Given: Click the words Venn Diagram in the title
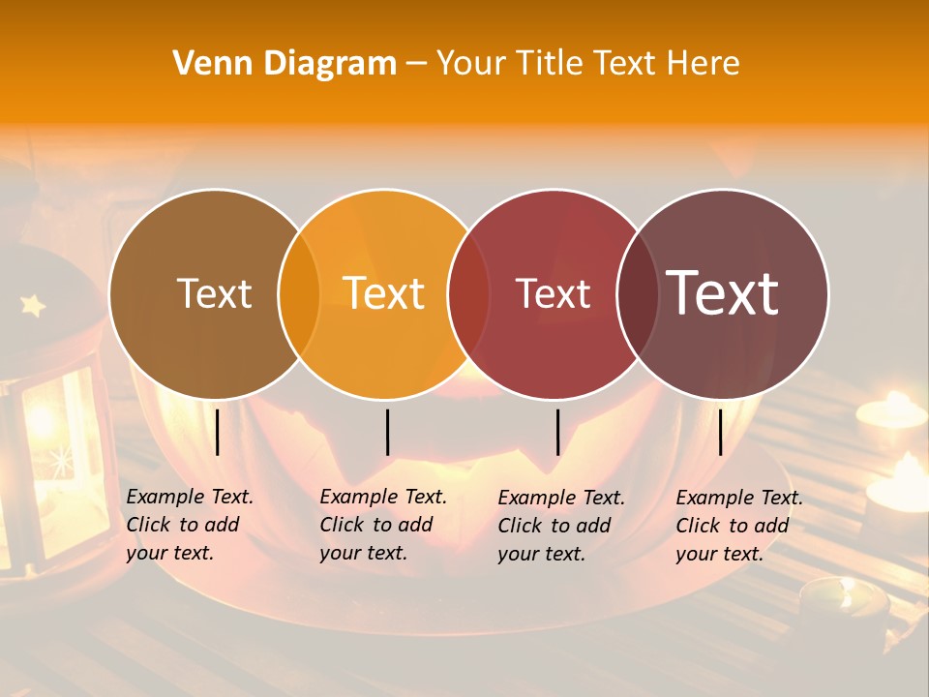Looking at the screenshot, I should (285, 64).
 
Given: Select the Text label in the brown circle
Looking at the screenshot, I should (214, 294).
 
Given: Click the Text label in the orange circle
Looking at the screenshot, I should (384, 293).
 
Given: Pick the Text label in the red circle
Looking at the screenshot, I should (553, 294).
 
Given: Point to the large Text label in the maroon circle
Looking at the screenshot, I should (723, 293).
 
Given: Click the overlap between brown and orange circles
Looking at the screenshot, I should (299, 294).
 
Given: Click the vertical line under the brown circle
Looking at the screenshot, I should (218, 432).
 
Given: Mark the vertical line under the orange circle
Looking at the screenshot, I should (387, 432).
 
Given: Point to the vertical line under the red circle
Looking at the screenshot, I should (558, 432).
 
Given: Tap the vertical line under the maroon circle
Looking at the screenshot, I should (721, 432).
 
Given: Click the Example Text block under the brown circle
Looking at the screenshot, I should (190, 525).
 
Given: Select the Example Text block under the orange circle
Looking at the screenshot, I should (383, 525).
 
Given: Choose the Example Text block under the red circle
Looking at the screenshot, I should (561, 526).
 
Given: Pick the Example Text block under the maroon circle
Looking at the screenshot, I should (739, 526).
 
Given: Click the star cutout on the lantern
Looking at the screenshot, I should (34, 306).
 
